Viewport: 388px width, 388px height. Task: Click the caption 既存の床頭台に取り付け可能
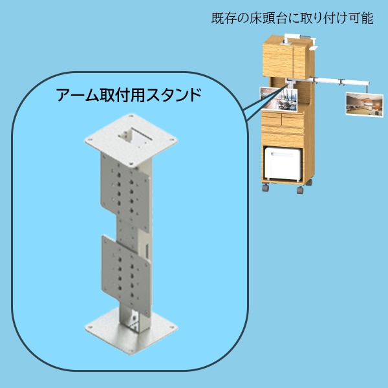[x=292, y=18]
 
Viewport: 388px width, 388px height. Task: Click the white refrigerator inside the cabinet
[x=283, y=166]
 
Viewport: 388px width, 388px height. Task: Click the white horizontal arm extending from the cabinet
[x=330, y=81]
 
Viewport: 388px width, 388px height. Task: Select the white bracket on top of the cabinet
[x=314, y=47]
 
